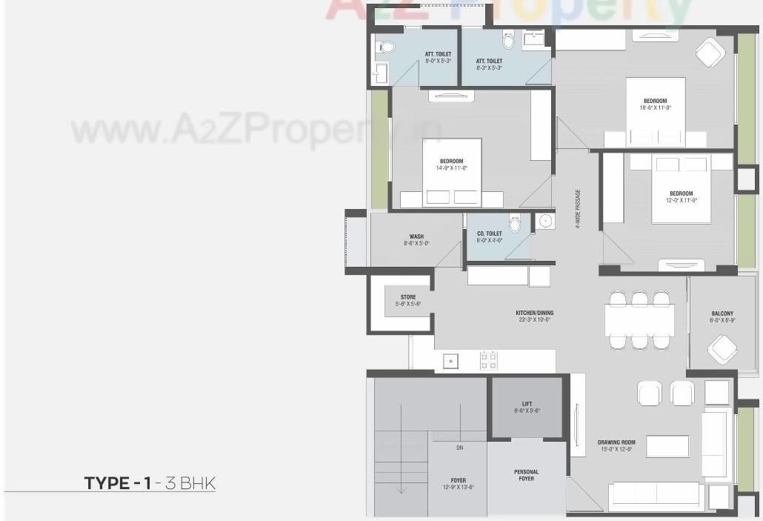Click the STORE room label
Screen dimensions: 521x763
(x=408, y=297)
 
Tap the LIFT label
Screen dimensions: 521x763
(x=527, y=404)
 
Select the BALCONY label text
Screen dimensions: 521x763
(x=722, y=313)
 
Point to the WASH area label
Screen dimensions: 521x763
(x=416, y=237)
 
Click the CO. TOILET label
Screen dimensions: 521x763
(x=489, y=233)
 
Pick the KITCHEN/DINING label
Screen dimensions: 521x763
(x=534, y=313)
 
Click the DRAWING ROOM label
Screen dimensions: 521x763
(x=616, y=442)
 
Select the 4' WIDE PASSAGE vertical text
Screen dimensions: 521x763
(x=578, y=208)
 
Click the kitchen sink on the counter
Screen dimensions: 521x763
(x=450, y=361)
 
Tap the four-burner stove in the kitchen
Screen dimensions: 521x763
(x=489, y=361)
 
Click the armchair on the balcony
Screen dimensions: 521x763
(x=722, y=348)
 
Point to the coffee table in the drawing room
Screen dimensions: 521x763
(x=667, y=446)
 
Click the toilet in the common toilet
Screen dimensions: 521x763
(x=515, y=224)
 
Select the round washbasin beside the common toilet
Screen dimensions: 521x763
(x=545, y=220)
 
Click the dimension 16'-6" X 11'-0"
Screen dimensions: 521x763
(x=655, y=107)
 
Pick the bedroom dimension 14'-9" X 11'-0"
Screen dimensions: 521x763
(x=451, y=168)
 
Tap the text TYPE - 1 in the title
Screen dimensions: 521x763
(x=117, y=483)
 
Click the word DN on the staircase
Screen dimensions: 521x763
(x=459, y=448)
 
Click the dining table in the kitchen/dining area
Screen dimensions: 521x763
(x=639, y=320)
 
